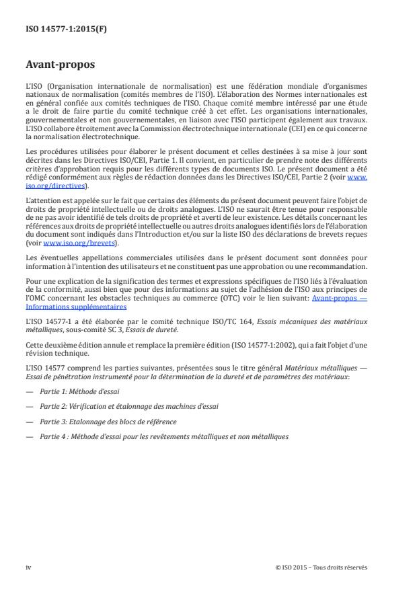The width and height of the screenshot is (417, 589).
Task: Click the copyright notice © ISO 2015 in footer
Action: (x=321, y=567)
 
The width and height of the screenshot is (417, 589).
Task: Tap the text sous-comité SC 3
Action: (x=110, y=327)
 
